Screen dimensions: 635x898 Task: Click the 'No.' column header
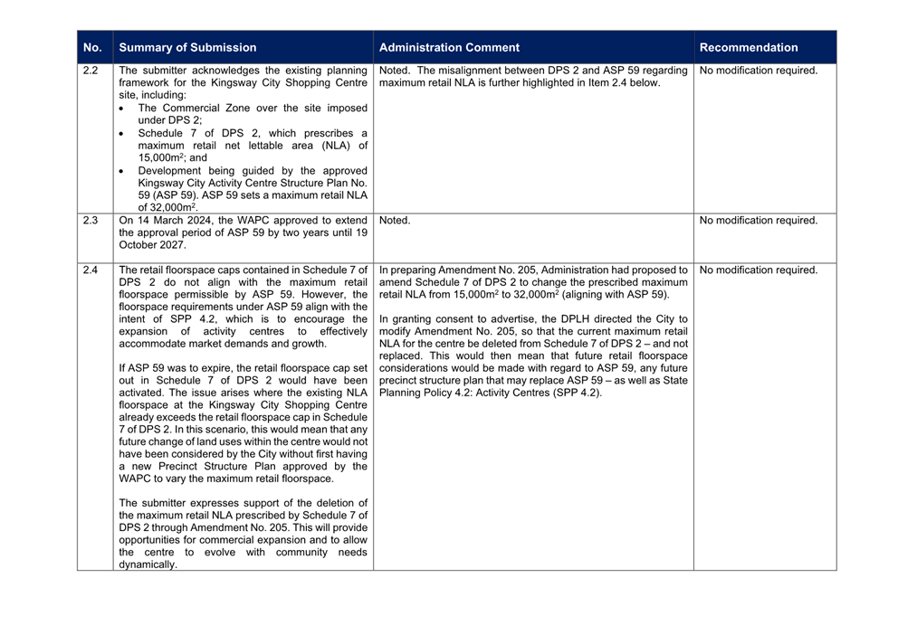92,48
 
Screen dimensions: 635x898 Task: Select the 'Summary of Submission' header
188,48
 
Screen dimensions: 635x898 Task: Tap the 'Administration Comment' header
449,48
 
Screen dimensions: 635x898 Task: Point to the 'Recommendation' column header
749,48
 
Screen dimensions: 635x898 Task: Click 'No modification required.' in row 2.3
759,220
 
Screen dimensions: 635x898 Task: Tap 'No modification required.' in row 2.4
759,270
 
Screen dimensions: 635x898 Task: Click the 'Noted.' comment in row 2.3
395,220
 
